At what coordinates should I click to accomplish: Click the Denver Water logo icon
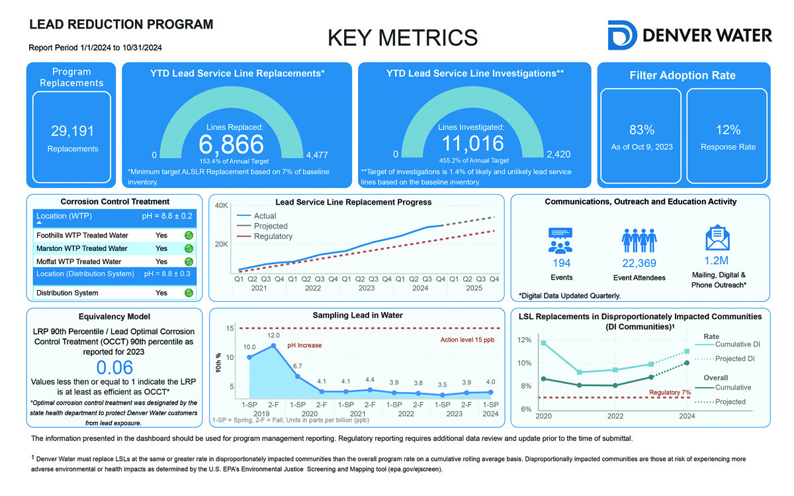point(622,35)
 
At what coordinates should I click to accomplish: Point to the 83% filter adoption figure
point(641,130)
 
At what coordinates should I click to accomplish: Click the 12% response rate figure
point(728,130)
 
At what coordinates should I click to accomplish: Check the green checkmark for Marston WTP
point(189,249)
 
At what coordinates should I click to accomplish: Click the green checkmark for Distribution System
point(189,293)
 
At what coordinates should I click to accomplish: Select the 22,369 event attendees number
point(635,264)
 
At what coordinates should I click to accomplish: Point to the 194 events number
point(561,264)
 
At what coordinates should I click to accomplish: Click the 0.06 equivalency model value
point(114,368)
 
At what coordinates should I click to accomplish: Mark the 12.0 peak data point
point(273,345)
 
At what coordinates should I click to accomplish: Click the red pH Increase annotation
point(304,346)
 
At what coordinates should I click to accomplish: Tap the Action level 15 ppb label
point(467,340)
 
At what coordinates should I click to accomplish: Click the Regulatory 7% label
point(670,393)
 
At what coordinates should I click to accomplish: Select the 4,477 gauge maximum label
point(316,155)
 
